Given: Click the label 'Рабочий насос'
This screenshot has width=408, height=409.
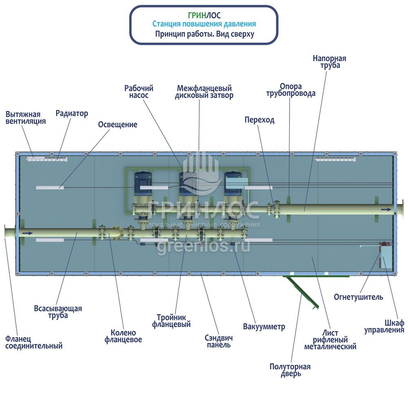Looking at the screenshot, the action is click(138, 92).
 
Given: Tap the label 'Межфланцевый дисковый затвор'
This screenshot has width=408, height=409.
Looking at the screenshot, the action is click(204, 92).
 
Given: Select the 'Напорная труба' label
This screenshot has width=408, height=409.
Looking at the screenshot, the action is click(329, 62).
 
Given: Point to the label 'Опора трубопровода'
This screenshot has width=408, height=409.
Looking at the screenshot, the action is click(290, 90).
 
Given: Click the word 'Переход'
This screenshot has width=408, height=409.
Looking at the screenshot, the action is click(259, 120).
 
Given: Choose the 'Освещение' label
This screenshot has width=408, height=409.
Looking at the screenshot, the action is click(118, 124).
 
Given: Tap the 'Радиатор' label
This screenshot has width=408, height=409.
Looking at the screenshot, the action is click(71, 113).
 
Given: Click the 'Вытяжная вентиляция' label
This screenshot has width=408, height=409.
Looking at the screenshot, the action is click(26, 118).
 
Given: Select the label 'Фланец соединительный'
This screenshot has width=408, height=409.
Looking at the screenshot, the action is click(34, 342).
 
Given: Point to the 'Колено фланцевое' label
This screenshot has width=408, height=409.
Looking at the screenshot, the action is click(123, 336).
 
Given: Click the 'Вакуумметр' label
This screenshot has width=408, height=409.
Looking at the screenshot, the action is click(264, 326).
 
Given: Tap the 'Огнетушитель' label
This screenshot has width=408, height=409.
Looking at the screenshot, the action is click(358, 297).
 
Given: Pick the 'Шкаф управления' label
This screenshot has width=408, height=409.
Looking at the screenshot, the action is click(384, 326).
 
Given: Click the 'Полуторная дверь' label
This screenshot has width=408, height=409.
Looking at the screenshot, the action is click(290, 370).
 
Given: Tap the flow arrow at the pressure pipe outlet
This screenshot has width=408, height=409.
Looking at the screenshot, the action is click(386, 209).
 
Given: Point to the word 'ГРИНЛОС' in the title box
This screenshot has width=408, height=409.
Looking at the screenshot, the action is click(204, 16).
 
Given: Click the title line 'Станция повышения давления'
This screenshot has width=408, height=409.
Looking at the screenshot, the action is click(204, 24).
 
